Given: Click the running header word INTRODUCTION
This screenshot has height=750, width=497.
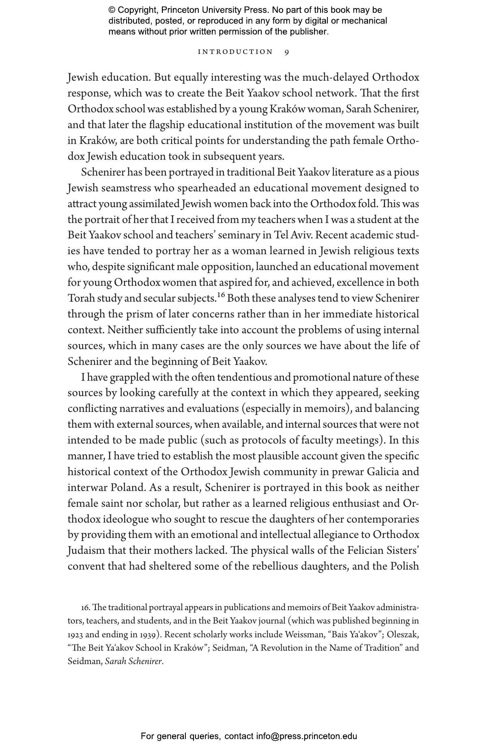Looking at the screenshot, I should (x=235, y=52).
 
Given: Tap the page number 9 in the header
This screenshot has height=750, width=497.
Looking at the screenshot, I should (x=287, y=52).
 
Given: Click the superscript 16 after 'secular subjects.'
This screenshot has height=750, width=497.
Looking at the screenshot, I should (x=221, y=295).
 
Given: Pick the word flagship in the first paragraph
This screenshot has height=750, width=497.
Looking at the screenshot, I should (x=171, y=125).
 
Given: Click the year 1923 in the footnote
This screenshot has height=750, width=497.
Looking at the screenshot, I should (x=75, y=634).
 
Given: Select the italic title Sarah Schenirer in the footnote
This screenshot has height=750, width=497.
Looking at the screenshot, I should (x=133, y=661).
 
